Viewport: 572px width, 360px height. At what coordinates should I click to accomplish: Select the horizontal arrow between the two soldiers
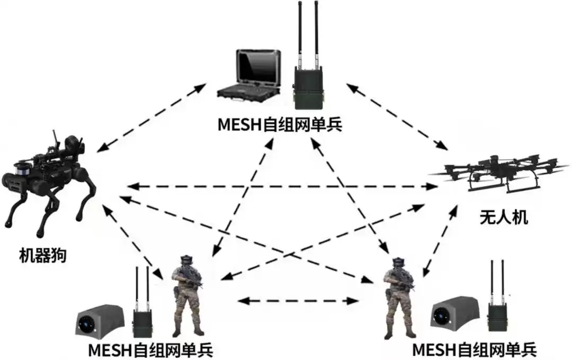298,301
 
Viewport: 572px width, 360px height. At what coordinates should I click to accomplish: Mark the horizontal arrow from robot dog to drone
281,186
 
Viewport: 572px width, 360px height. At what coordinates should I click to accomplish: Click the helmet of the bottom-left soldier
185,260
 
